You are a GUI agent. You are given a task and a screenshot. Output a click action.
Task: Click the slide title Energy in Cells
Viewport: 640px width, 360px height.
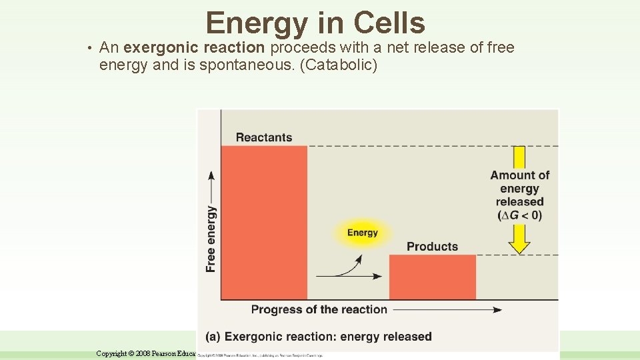click(315, 23)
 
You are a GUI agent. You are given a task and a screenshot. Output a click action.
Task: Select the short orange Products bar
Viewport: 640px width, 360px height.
click(432, 277)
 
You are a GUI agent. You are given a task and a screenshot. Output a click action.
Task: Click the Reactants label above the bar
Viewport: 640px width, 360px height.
click(263, 137)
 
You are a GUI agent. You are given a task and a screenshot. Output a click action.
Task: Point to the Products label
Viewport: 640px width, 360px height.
click(432, 247)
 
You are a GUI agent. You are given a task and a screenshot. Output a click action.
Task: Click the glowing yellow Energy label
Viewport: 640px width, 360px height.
click(362, 233)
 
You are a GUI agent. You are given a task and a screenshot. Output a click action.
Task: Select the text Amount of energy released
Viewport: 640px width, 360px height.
click(519, 188)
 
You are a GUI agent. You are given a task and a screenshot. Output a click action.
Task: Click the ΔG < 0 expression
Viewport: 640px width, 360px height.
click(519, 215)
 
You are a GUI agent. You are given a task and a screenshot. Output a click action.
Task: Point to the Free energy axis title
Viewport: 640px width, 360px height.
click(211, 238)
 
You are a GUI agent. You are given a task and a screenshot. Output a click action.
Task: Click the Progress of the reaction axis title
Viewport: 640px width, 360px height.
click(319, 309)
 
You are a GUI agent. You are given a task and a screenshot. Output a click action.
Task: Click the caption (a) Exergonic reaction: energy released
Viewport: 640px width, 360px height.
click(318, 337)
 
